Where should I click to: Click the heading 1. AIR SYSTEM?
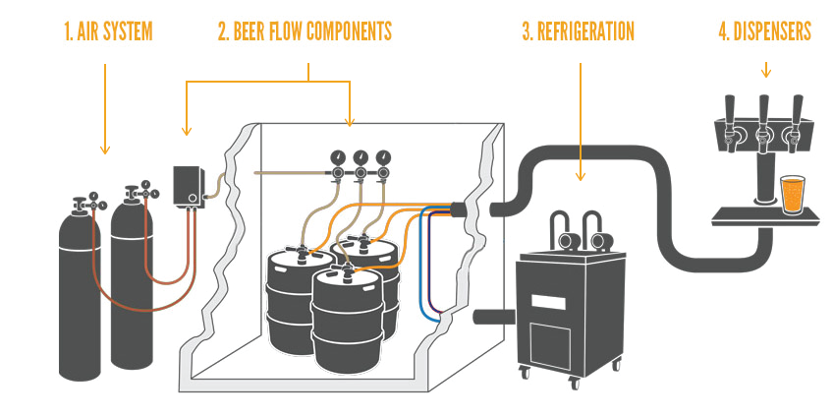pyautogui.click(x=108, y=31)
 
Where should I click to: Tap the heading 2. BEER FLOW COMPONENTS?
pyautogui.click(x=305, y=31)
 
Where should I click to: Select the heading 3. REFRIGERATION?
pyautogui.click(x=578, y=31)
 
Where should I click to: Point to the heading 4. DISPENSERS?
pyautogui.click(x=765, y=31)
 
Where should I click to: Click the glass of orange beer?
pyautogui.click(x=792, y=195)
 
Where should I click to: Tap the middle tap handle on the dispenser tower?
pyautogui.click(x=763, y=109)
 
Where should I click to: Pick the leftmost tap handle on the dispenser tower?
pyautogui.click(x=730, y=109)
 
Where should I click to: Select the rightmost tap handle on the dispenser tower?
pyautogui.click(x=797, y=109)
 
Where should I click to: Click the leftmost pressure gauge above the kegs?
pyautogui.click(x=337, y=157)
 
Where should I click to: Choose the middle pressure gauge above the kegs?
pyautogui.click(x=361, y=157)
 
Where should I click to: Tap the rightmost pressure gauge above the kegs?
pyautogui.click(x=383, y=157)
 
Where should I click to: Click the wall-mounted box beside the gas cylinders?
pyautogui.click(x=190, y=186)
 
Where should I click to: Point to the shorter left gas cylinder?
pyautogui.click(x=80, y=290)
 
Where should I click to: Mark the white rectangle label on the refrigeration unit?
pyautogui.click(x=549, y=303)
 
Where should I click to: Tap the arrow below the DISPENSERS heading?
pyautogui.click(x=765, y=70)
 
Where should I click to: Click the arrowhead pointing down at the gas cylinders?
pyautogui.click(x=105, y=150)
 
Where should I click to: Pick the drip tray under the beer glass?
pyautogui.click(x=765, y=217)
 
